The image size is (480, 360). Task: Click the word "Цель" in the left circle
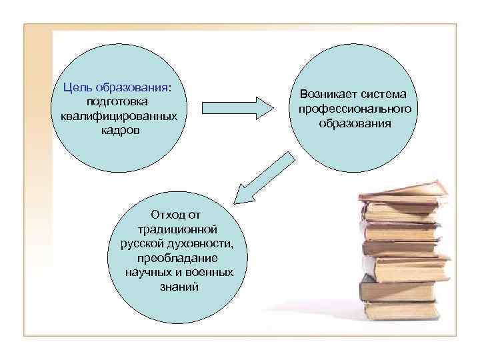coord(77,87)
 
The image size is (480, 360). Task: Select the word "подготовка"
coord(117,101)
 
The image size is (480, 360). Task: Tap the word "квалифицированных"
coord(117,115)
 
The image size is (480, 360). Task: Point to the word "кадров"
coord(117,129)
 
